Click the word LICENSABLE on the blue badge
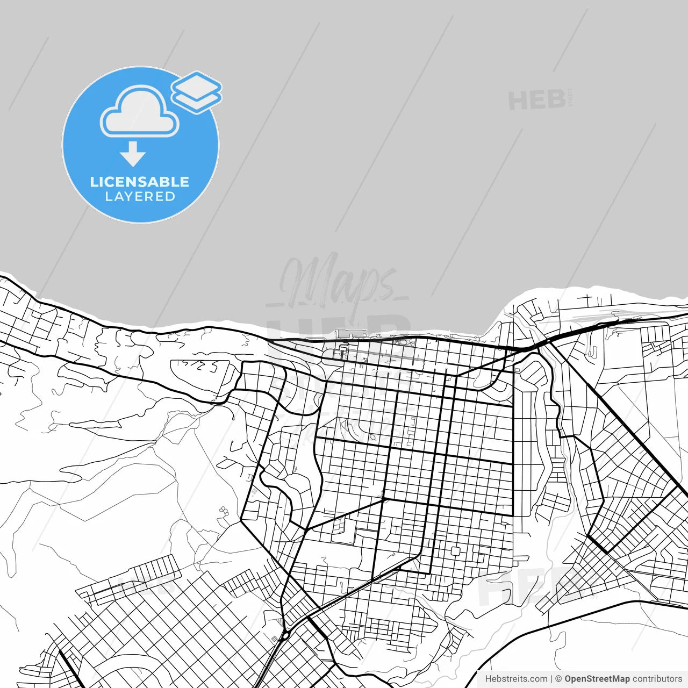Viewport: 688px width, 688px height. (x=140, y=182)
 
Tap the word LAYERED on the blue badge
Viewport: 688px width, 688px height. (x=140, y=197)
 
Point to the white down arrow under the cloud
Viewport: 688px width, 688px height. (x=133, y=154)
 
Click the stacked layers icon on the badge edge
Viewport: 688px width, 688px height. (x=197, y=91)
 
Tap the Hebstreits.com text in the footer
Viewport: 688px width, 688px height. (x=516, y=679)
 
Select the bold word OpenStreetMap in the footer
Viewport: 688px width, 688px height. (x=597, y=679)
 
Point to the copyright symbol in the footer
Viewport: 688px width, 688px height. (x=559, y=679)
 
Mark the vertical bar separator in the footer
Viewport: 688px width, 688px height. (x=552, y=679)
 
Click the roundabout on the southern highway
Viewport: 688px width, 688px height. (x=285, y=635)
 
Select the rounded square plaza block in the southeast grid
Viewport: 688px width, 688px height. (x=456, y=551)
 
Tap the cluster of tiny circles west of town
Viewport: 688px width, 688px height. (x=223, y=511)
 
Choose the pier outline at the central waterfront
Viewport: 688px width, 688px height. (x=344, y=334)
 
